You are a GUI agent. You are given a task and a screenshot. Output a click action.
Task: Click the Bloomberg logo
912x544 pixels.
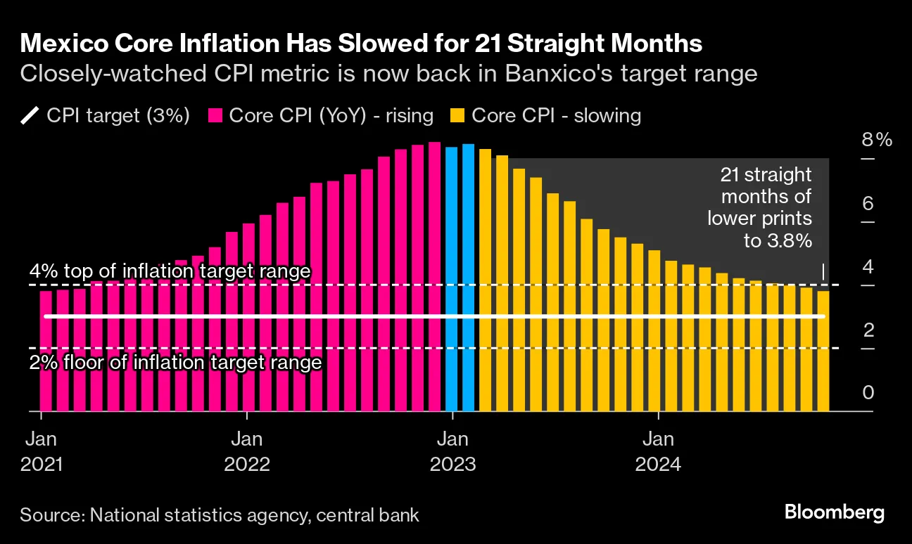click(835, 512)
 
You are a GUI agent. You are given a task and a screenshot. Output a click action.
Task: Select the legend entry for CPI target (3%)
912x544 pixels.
click(106, 115)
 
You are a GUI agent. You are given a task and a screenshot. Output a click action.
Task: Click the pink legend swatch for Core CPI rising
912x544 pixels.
click(215, 115)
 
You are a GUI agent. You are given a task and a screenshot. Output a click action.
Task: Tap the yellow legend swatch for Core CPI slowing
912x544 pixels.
click(457, 115)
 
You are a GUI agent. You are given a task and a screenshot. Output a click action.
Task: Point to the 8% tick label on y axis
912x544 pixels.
click(876, 140)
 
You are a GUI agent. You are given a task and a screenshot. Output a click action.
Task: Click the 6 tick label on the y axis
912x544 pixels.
click(868, 204)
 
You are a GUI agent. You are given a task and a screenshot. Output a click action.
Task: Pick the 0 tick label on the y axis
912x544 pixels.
click(868, 392)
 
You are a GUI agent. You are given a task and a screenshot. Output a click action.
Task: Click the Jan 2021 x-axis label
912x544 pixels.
click(42, 452)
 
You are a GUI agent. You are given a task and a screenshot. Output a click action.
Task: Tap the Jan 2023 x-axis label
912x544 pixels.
click(452, 452)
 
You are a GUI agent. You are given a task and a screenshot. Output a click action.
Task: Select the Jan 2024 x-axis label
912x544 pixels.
click(658, 452)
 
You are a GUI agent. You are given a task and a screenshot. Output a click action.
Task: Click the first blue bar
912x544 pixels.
click(452, 281)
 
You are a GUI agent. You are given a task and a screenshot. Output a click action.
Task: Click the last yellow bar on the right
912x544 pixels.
click(823, 351)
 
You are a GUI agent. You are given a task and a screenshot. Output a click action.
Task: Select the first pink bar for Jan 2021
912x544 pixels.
click(46, 351)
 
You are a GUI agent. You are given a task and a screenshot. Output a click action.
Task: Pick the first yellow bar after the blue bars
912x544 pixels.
click(486, 281)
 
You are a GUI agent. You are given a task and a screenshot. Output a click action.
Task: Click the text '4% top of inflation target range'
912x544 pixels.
click(170, 271)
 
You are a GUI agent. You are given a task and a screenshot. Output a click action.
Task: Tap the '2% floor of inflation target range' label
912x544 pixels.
click(175, 363)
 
